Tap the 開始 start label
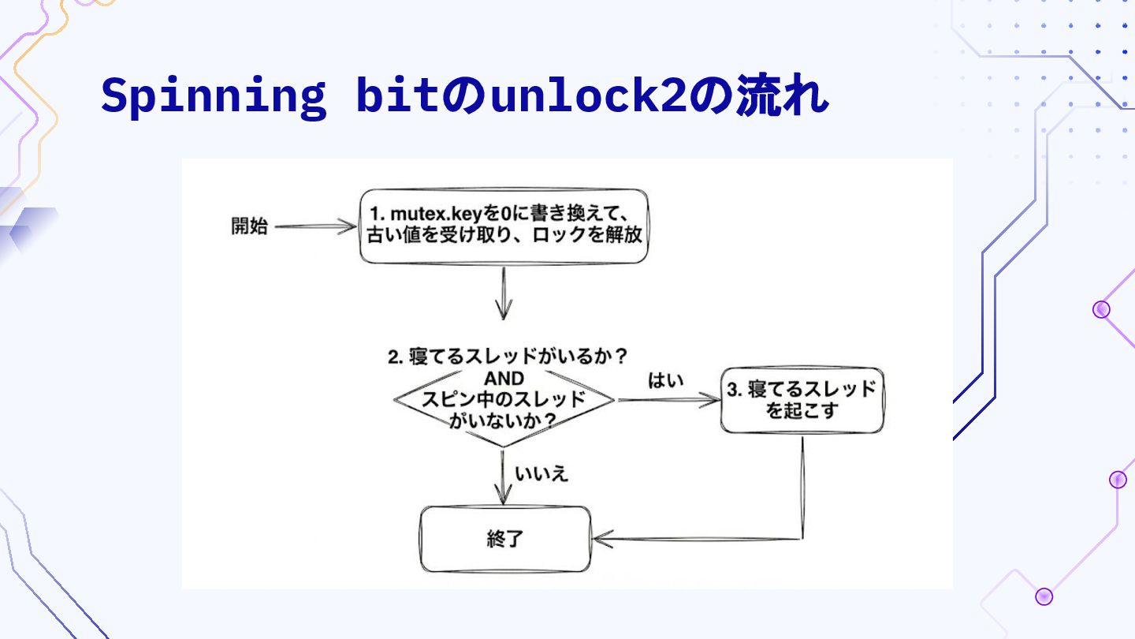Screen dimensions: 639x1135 [249, 226]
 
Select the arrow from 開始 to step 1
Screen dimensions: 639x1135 [315, 226]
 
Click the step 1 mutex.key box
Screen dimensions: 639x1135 [504, 226]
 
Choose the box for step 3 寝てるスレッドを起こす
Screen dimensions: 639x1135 [802, 400]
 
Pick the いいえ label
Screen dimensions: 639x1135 [541, 474]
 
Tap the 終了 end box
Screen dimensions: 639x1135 [504, 540]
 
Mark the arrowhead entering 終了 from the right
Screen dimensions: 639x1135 [602, 540]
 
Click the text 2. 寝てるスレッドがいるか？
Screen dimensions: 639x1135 [508, 357]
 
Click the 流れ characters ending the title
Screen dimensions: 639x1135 [780, 96]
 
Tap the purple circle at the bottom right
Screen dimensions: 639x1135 [1044, 596]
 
